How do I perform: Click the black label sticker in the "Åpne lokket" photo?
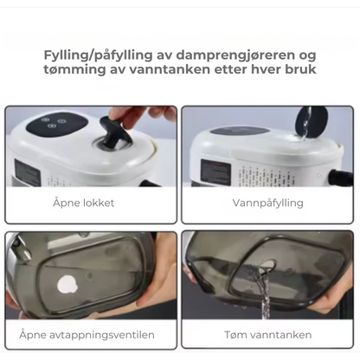click(27, 171)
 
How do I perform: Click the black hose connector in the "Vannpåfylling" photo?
click(341, 178)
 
